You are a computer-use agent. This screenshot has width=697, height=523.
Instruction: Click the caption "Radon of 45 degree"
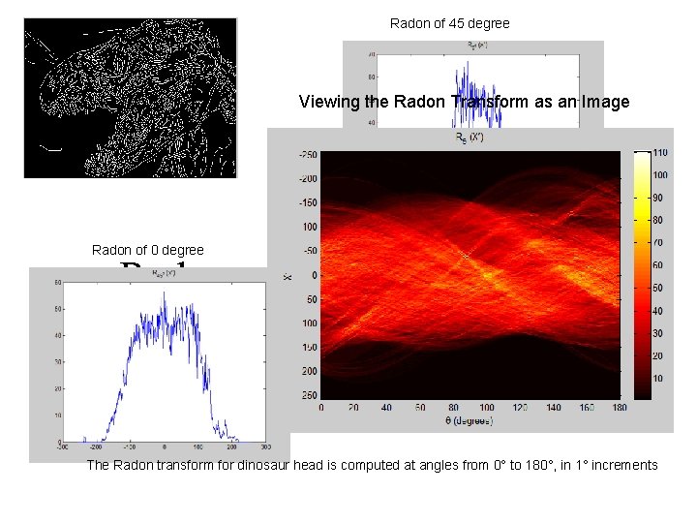tap(449, 23)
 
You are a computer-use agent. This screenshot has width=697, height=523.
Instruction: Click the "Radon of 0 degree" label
tap(148, 251)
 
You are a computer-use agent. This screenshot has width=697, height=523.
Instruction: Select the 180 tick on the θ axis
tap(620, 408)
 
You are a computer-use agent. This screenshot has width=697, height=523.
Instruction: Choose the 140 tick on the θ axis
tap(553, 408)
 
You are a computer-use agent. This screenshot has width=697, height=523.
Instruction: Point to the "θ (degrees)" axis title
tap(470, 420)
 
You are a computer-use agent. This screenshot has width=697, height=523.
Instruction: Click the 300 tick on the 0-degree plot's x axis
tap(265, 446)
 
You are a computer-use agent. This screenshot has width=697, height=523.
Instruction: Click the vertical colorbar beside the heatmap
tap(641, 275)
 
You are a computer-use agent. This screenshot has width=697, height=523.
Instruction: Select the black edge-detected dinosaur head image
tap(130, 98)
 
